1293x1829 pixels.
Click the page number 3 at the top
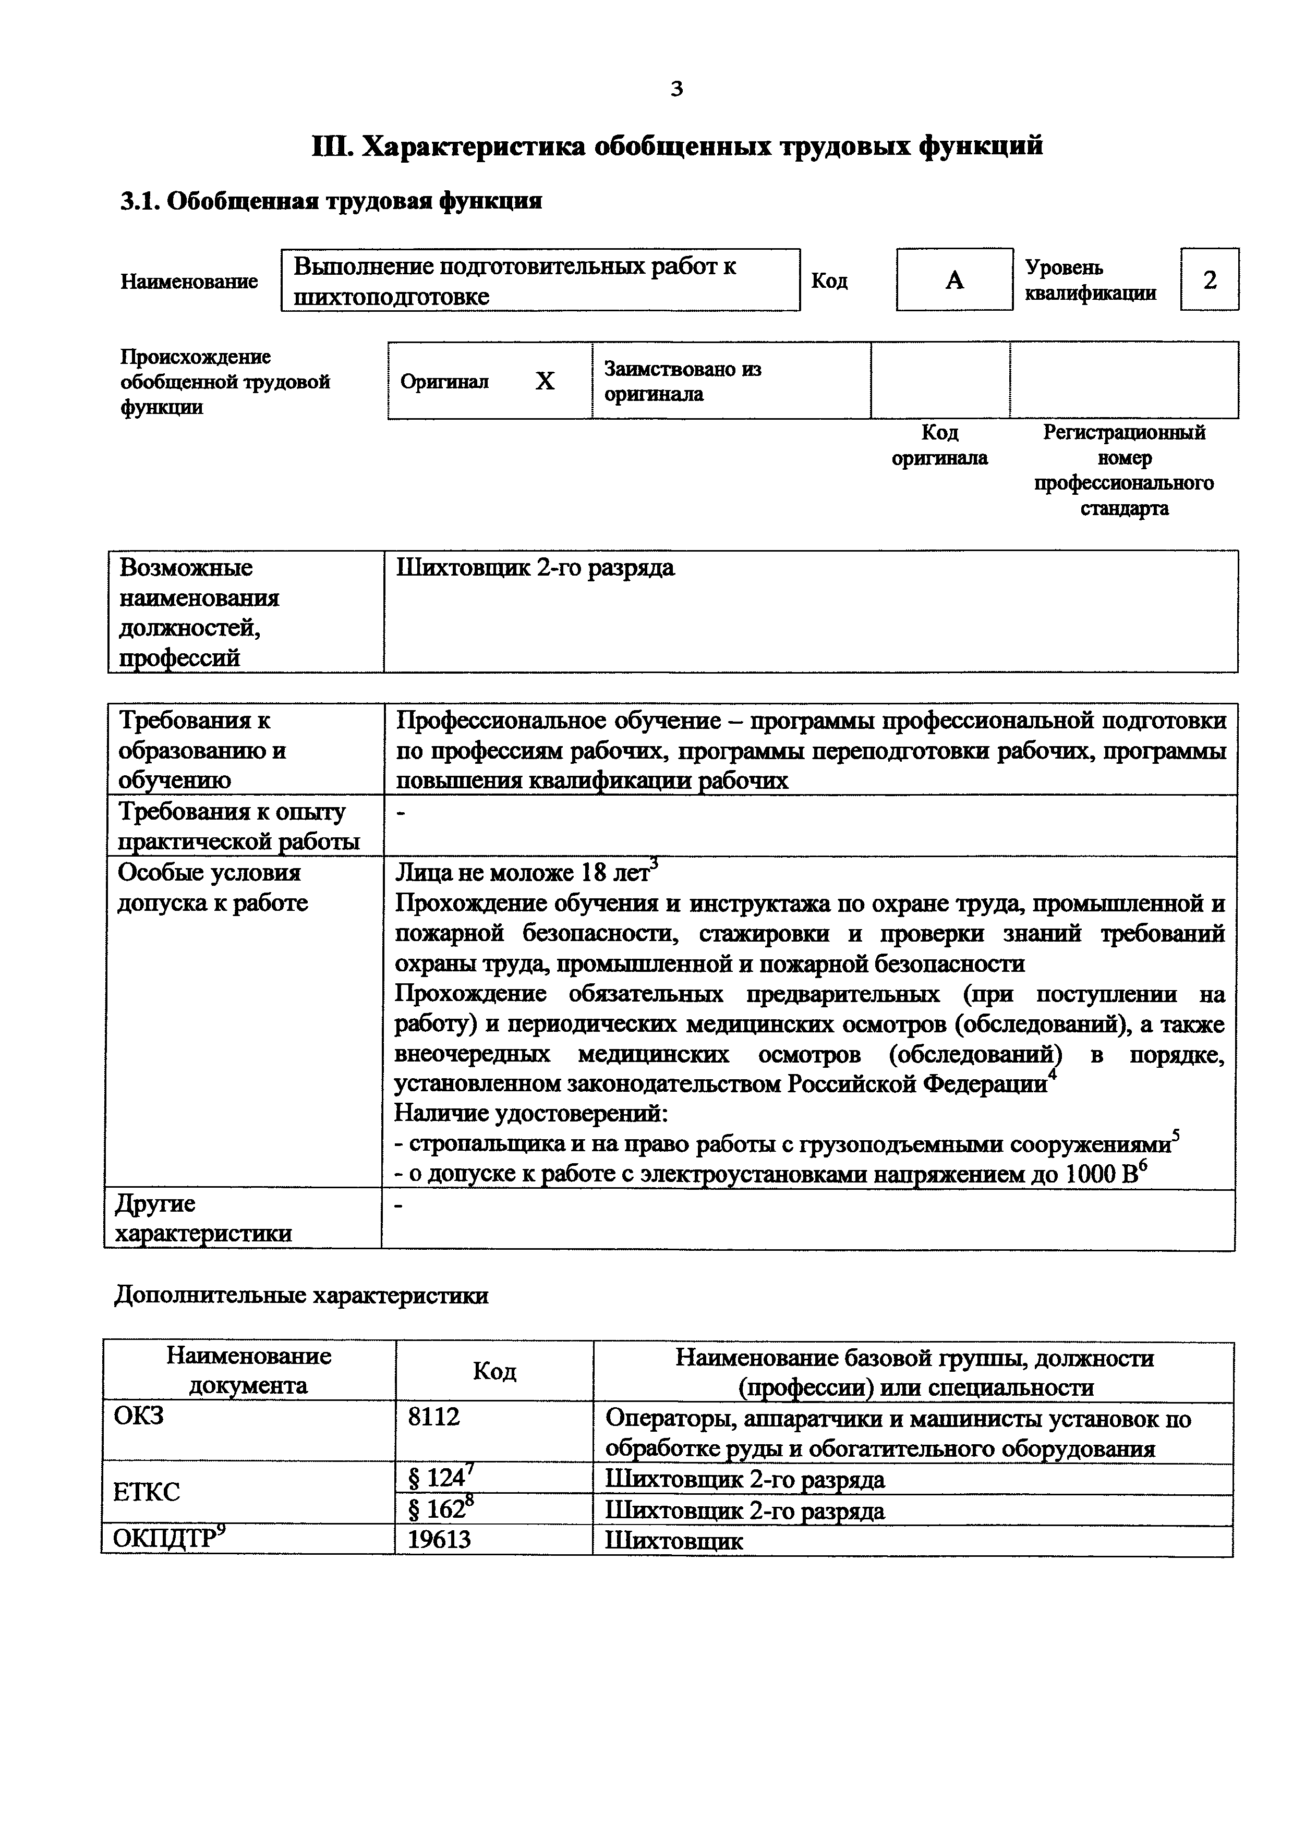tap(676, 89)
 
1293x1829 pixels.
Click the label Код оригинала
tap(939, 445)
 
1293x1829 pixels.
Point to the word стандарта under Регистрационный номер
tap(1124, 508)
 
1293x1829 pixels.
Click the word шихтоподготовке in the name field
tap(391, 297)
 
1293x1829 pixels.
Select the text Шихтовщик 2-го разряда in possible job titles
tap(535, 568)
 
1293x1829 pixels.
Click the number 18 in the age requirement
tap(594, 873)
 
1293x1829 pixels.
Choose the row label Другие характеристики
tap(203, 1219)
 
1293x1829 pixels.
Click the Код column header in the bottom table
tap(494, 1371)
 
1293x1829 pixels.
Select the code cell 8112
tap(434, 1417)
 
